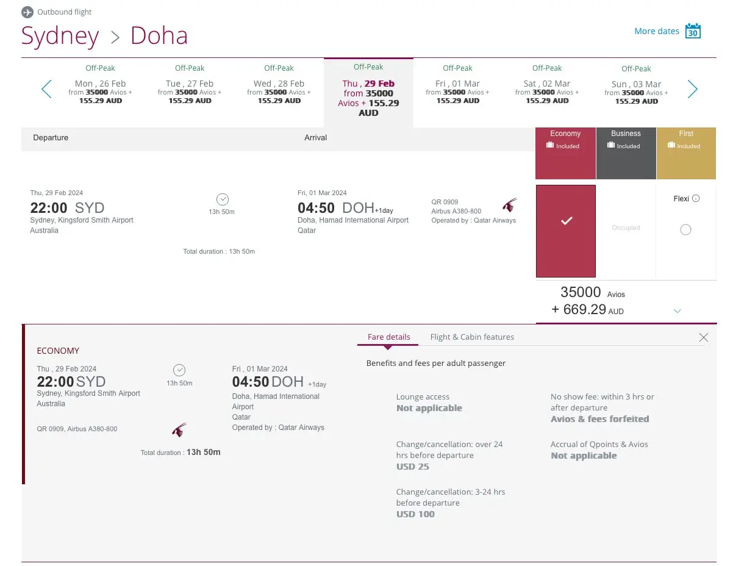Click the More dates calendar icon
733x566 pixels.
(x=693, y=31)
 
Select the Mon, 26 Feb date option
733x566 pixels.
(x=100, y=89)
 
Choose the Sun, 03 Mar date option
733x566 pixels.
(x=636, y=89)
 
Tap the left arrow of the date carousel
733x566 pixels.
(x=46, y=89)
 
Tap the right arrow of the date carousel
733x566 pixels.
(x=692, y=89)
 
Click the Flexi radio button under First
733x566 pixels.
(x=685, y=230)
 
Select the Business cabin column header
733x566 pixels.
(x=626, y=153)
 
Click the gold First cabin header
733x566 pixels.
(x=686, y=153)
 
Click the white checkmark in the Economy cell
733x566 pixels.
(x=566, y=221)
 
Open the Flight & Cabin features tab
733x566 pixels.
(x=471, y=337)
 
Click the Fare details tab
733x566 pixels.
(x=388, y=337)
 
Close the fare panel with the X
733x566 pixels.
(x=703, y=337)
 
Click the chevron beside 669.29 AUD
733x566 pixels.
(x=677, y=311)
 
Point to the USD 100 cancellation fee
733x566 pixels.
(x=415, y=514)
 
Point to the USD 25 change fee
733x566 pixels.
(x=413, y=467)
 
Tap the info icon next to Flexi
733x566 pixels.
(x=696, y=198)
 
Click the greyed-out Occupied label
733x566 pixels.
(x=626, y=227)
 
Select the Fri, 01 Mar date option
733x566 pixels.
(x=457, y=89)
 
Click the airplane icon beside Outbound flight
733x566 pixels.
(x=27, y=12)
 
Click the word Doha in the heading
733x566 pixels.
(x=159, y=36)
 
